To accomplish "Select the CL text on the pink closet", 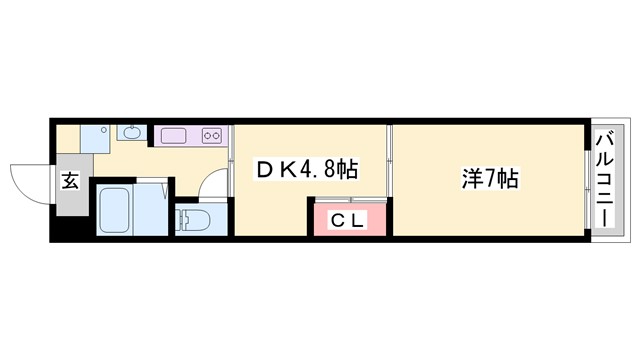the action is click(348, 220).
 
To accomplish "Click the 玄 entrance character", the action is click(71, 181).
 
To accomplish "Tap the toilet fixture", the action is click(196, 218).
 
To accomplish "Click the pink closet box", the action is click(348, 219).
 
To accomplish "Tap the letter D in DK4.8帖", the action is click(265, 173).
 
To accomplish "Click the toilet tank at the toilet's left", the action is click(181, 219).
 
